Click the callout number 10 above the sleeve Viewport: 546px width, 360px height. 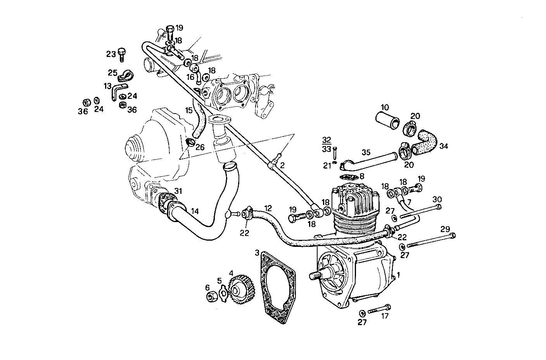pos(385,107)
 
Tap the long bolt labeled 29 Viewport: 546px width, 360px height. pos(430,240)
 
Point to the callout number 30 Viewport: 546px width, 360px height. pos(437,199)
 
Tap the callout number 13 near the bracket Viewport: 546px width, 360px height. pos(107,86)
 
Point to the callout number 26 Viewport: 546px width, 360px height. pos(200,147)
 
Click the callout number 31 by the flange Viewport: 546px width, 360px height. pos(178,191)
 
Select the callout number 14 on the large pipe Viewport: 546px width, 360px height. pos(195,211)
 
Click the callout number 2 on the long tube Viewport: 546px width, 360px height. pos(282,165)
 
